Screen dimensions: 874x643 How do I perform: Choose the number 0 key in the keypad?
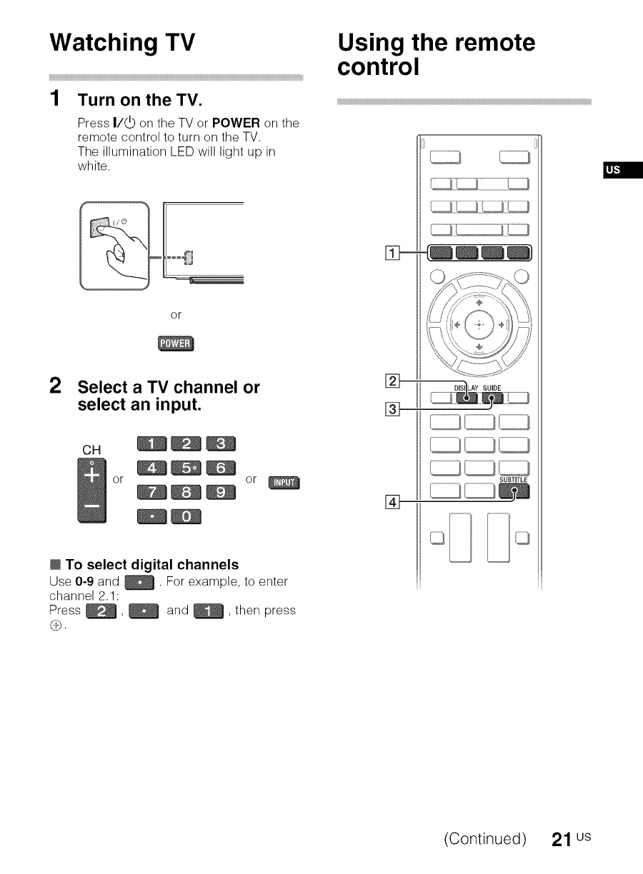tap(184, 516)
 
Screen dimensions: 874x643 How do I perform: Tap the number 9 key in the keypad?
tap(220, 492)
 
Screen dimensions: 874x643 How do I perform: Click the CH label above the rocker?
tap(91, 451)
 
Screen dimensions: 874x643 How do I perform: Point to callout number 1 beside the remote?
tap(390, 251)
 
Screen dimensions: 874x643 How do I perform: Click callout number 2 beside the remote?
tap(390, 379)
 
